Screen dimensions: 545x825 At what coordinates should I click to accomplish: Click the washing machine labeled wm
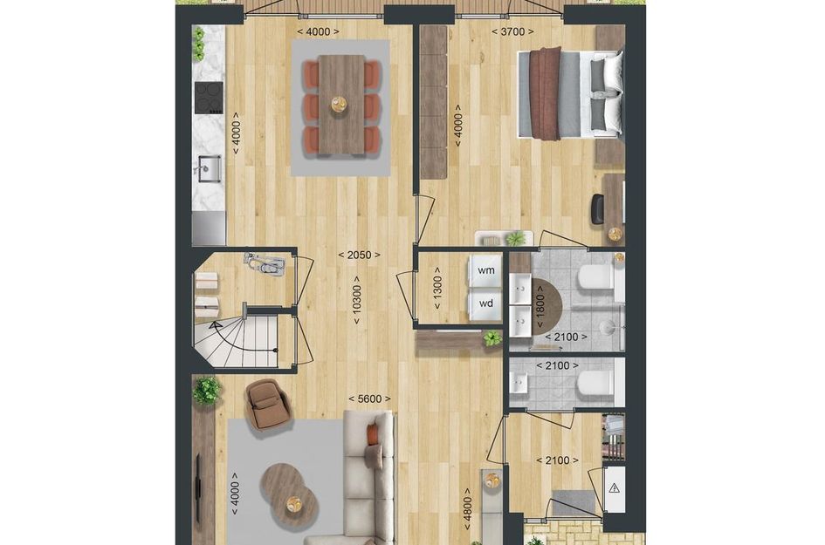485,271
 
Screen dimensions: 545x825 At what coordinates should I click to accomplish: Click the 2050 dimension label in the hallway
360,255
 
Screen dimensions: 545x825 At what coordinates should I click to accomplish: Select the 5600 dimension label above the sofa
369,399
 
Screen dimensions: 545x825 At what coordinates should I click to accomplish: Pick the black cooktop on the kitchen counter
209,99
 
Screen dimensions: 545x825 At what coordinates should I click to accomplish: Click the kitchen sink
208,167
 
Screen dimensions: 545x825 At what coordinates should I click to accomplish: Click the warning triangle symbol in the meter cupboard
615,488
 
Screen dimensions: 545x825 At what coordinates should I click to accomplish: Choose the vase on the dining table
339,105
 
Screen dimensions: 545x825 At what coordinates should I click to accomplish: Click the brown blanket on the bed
547,94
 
